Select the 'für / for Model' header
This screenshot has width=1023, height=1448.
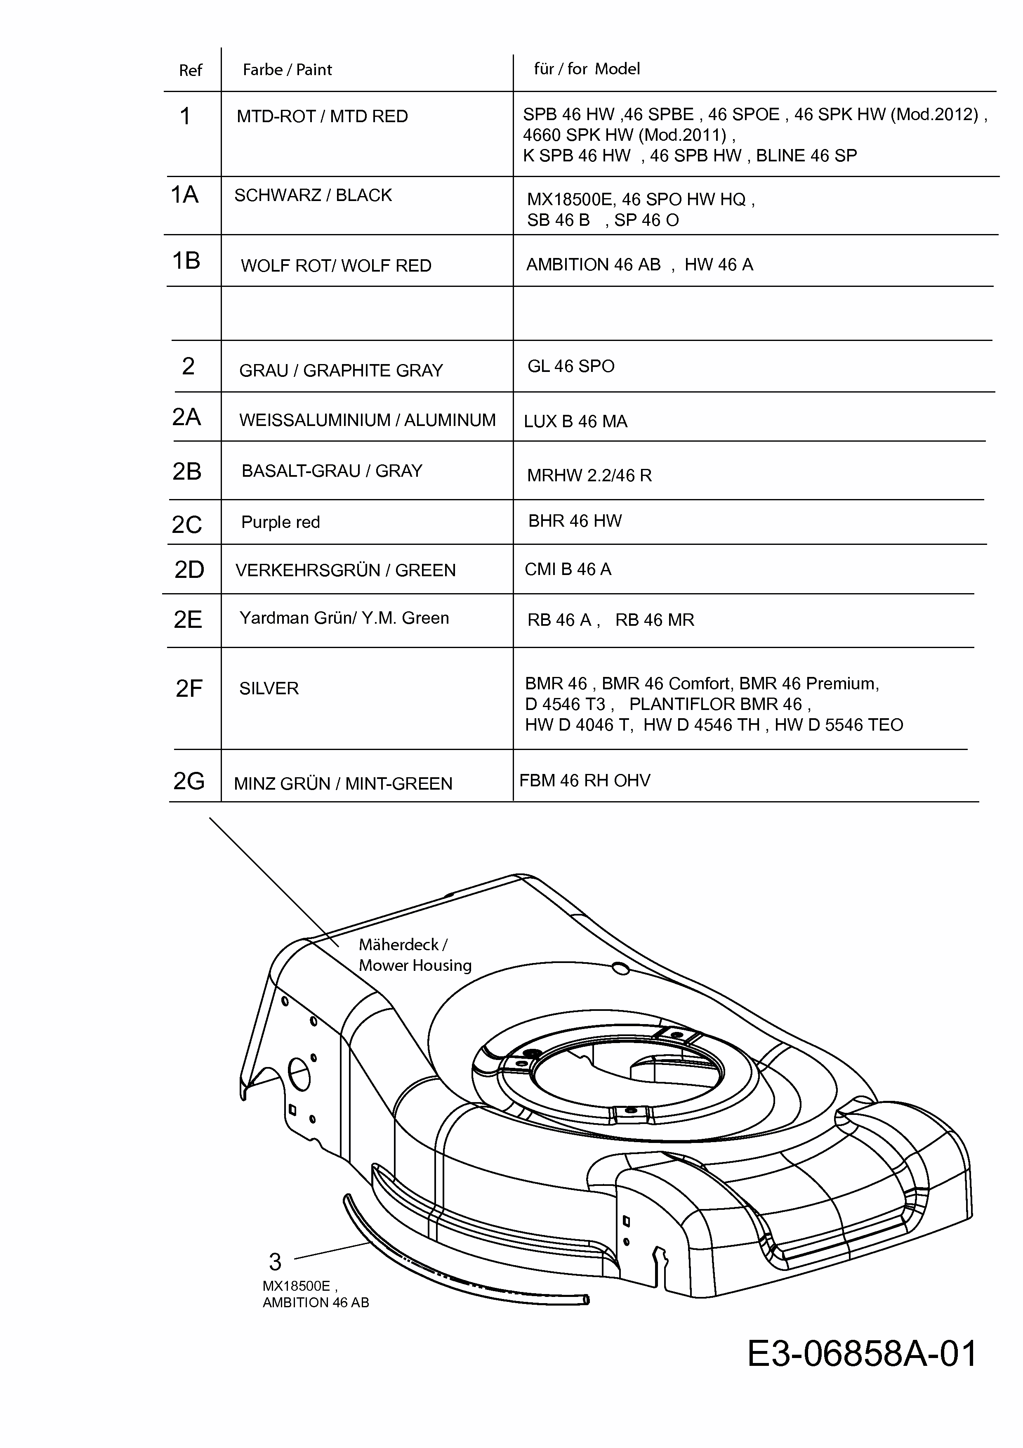[586, 69]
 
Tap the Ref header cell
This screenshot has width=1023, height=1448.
[190, 70]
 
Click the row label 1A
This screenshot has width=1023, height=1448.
[185, 195]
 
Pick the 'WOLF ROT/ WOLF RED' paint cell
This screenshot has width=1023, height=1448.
[336, 265]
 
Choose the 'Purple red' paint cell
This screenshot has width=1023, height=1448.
[280, 522]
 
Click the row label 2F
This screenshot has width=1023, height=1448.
[189, 689]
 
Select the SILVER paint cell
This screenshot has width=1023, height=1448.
[269, 688]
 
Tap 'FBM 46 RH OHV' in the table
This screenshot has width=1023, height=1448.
[584, 781]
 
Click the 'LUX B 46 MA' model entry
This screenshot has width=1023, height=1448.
[575, 421]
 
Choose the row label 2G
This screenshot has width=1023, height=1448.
[189, 781]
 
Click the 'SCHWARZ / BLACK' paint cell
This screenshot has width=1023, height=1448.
[313, 196]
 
